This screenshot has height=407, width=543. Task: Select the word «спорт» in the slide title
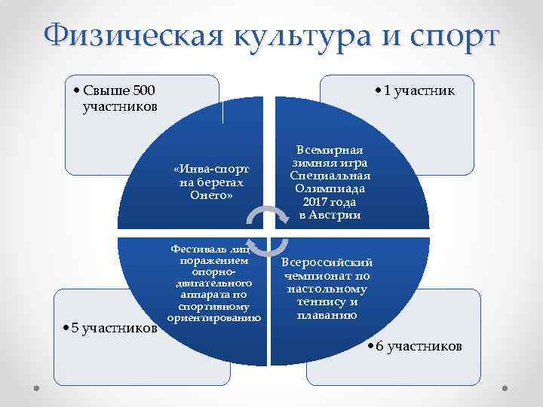(456, 35)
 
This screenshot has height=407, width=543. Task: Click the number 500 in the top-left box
(143, 91)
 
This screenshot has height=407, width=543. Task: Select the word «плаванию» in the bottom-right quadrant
(327, 315)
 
